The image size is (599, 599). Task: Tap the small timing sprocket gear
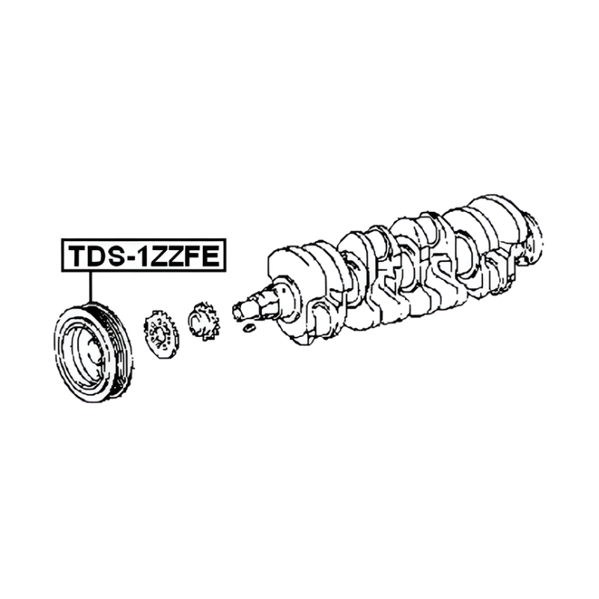coord(204,321)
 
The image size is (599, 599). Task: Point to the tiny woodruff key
coord(249,327)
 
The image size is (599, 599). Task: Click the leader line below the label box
coord(91,287)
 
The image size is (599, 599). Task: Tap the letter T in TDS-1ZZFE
coord(78,255)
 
